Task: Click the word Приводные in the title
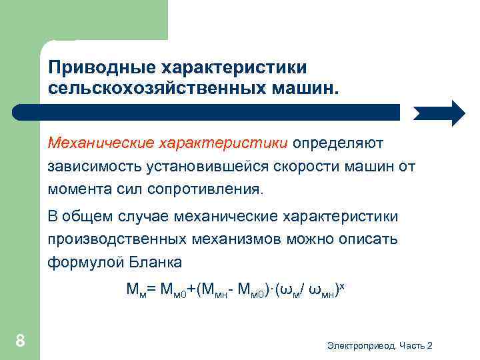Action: (97, 68)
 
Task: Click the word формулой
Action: (83, 262)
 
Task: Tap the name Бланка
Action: (154, 262)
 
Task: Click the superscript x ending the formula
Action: (342, 285)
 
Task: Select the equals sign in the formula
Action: (151, 289)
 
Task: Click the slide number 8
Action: (20, 342)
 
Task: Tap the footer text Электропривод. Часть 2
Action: (380, 345)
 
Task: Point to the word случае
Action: (143, 217)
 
